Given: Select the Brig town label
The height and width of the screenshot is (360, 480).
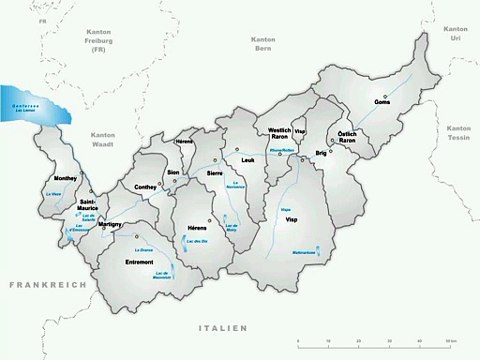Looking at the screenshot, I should click(x=321, y=153).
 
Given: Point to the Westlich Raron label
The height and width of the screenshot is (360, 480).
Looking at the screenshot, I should click(x=279, y=136).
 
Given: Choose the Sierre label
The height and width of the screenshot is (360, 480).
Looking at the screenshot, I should click(x=214, y=173).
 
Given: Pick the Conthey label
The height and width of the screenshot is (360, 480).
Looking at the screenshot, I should click(x=146, y=187).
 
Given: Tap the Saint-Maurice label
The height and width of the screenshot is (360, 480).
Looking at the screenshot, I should click(x=94, y=207).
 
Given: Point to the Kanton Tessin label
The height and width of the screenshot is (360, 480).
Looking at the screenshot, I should click(x=458, y=131).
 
